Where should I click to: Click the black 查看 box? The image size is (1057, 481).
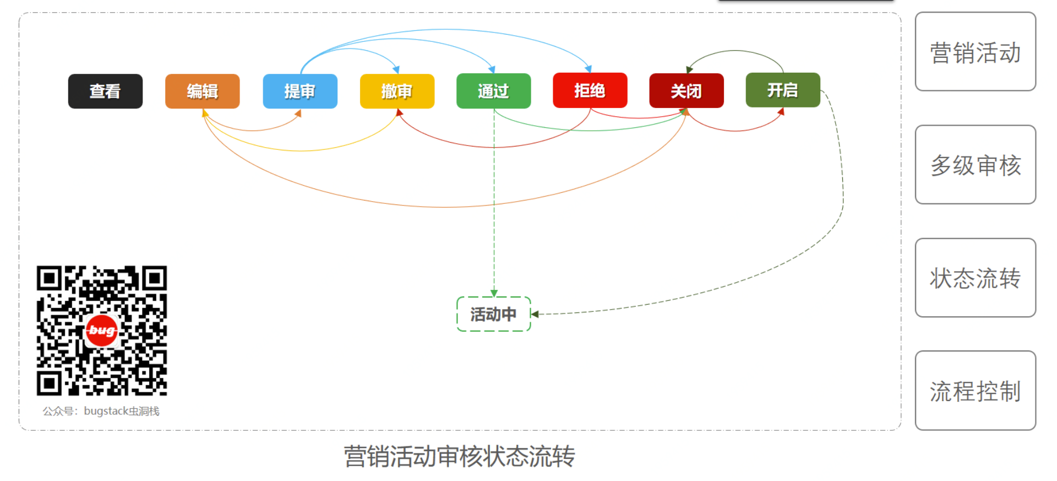coord(105,91)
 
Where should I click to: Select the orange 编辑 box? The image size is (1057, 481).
coord(202,91)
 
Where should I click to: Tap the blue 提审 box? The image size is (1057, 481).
coord(300,91)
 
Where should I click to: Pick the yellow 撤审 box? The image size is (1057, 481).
coord(397,91)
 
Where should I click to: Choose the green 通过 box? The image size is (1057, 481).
coord(493,91)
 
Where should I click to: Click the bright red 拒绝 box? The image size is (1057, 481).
coord(590,90)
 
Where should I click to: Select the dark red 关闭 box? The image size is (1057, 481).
coord(686,91)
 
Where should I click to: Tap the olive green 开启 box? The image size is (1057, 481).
coord(783,90)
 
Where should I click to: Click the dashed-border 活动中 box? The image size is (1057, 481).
coord(493,314)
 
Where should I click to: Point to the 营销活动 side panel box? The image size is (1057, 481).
coord(975,52)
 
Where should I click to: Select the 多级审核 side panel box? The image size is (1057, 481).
coord(975,165)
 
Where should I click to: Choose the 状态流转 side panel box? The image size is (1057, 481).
coord(975,278)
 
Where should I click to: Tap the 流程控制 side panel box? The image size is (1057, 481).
coord(975,391)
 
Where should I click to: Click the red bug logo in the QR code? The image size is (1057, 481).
coord(102,331)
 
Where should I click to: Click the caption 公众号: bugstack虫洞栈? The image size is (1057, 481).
coord(101,411)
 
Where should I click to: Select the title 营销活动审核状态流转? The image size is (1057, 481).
coord(459,456)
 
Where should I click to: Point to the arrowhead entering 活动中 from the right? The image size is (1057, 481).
coord(535,314)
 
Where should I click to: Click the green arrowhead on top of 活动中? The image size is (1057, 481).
coord(494,293)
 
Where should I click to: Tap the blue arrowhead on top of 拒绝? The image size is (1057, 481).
coord(589,69)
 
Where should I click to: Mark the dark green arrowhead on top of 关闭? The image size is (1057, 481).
coord(689,69)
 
